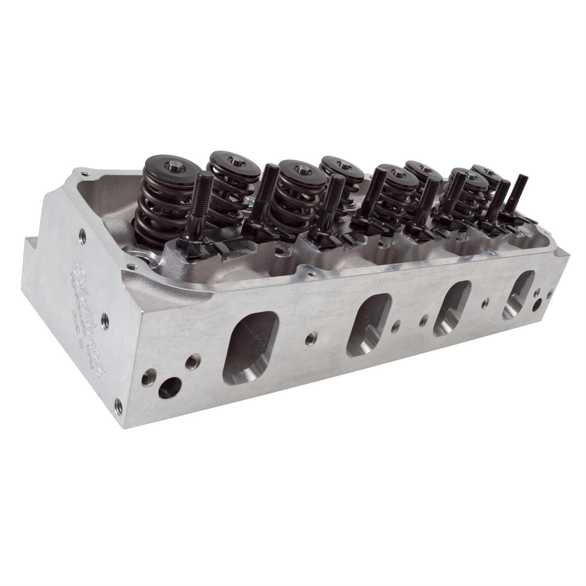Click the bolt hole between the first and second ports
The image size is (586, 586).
(312, 336)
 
